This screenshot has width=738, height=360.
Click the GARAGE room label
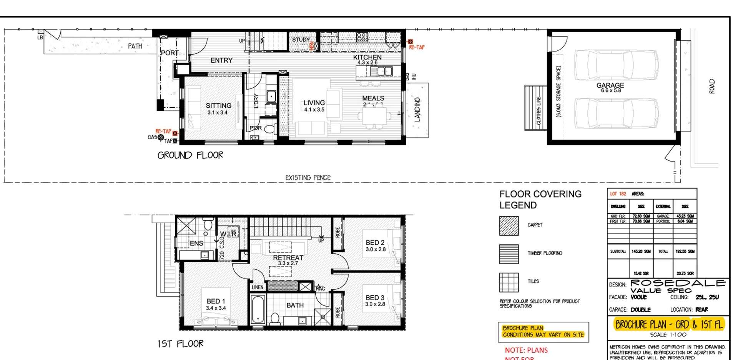pos(610,85)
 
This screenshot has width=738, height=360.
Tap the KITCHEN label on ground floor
pos(367,57)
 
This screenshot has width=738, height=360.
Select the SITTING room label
pos(218,106)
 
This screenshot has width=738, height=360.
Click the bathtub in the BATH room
pos(258,309)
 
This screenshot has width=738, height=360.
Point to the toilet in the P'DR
pos(271,128)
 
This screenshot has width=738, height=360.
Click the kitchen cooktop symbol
pos(362,37)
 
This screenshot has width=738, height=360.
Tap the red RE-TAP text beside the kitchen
pos(417,47)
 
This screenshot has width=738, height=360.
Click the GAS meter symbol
pos(161,137)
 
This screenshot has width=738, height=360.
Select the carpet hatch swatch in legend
pos(509,226)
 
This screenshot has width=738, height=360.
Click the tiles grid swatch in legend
pos(509,282)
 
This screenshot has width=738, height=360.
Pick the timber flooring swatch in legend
pos(509,254)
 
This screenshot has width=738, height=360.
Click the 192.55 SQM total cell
pos(685,252)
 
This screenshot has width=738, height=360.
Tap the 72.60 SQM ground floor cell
pos(641,216)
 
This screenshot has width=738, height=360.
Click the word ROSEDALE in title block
pos(678,283)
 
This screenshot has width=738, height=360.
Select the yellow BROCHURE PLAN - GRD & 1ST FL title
pos(669,325)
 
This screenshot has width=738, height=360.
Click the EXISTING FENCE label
pos(307,178)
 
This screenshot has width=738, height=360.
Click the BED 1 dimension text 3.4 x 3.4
pos(216,308)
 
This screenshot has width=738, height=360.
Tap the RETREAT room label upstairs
pos(288,258)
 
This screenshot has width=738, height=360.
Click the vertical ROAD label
pos(711,86)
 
